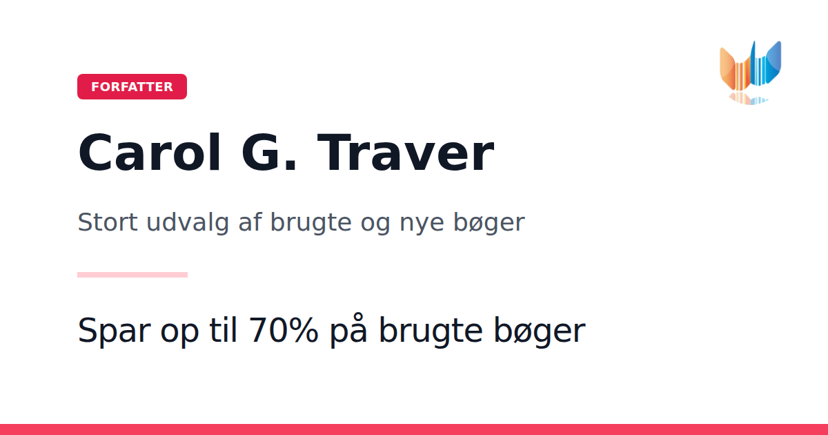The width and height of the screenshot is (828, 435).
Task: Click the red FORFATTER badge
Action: (132, 86)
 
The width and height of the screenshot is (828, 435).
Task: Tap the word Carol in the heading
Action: (150, 153)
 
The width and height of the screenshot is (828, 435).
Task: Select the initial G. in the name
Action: (269, 153)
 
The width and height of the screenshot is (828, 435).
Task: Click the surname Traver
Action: (406, 153)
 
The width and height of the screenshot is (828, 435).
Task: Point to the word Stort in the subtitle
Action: (108, 222)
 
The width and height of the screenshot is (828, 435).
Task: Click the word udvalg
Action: (188, 223)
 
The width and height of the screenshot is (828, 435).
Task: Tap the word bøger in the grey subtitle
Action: (489, 223)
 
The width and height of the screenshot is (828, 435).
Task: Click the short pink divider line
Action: (132, 275)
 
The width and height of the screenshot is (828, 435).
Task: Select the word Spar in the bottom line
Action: (115, 331)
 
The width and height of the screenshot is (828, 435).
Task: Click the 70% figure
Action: (283, 330)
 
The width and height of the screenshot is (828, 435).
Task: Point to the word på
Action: (348, 330)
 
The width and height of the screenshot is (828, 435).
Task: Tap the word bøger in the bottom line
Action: (540, 330)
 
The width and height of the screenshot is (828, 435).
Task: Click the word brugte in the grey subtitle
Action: (311, 223)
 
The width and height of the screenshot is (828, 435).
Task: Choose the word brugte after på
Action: (431, 330)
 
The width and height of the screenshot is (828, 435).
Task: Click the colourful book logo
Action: (751, 72)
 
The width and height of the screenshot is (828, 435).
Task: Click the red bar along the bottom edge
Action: (414, 429)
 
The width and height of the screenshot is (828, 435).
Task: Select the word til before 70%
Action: (223, 330)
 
